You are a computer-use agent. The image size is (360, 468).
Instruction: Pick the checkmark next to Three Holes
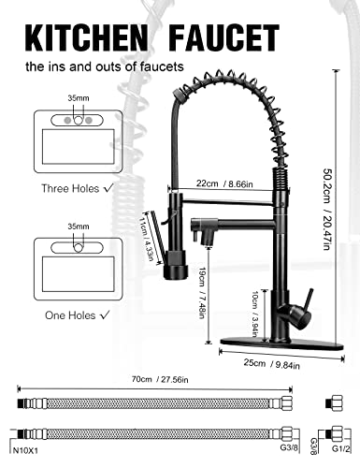coord(109,187)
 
